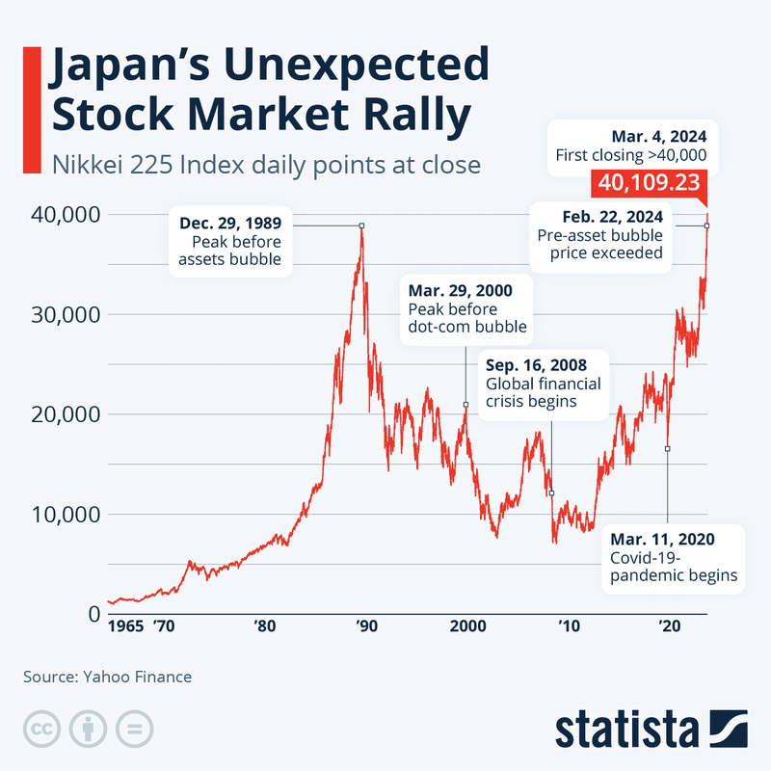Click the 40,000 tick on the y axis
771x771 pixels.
[x=65, y=213]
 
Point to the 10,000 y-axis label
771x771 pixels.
[x=65, y=514]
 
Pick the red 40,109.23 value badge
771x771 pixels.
[x=650, y=181]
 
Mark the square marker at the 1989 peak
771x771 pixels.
[x=361, y=226]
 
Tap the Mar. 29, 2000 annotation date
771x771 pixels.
[x=461, y=290]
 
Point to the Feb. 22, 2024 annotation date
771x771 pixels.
[x=603, y=216]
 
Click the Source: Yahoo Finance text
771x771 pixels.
[x=107, y=677]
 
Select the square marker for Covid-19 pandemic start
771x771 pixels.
[x=667, y=448]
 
